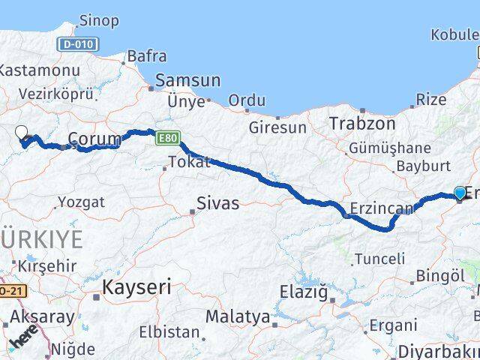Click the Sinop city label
[x=98, y=21]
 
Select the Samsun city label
[x=187, y=80]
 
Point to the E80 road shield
[x=166, y=138]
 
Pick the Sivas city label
[x=217, y=202]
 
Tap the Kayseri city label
[x=136, y=286]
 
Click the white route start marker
[x=22, y=133]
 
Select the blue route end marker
[x=460, y=193]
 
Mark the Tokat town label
[x=188, y=161]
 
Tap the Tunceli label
[x=379, y=259]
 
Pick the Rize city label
[x=430, y=99]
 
